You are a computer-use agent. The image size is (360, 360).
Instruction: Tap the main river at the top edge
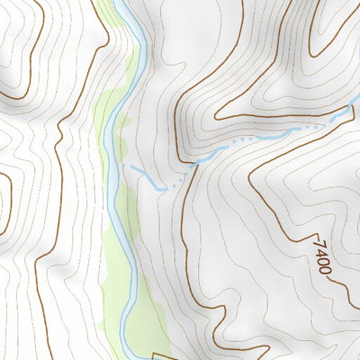pyautogui.click(x=125, y=3)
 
